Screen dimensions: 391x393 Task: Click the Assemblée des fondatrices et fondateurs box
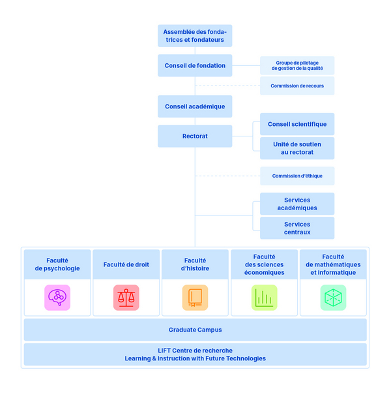tap(195, 36)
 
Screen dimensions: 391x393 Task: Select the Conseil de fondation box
tap(195, 65)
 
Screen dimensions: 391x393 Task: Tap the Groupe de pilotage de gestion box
tap(297, 65)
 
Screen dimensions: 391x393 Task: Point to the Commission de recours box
tap(297, 86)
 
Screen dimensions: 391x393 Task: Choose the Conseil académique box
tap(195, 106)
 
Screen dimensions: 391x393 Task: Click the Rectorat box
tap(195, 136)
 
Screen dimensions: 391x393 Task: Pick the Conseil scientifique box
tap(297, 124)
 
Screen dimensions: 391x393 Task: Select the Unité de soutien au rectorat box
tap(297, 148)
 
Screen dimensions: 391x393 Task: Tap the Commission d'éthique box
tap(297, 176)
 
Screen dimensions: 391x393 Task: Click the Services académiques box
tap(297, 204)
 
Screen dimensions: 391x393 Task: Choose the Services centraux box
tap(297, 228)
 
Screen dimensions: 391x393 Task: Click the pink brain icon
tap(57, 298)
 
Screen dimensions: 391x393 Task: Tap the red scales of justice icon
tap(126, 298)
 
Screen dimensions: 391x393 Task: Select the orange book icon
tap(195, 298)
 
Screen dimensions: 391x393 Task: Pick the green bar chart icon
tap(264, 298)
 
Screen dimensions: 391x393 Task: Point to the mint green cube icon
tap(333, 298)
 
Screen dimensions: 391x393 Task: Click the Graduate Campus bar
tap(195, 330)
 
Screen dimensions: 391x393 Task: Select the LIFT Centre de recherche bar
tap(195, 354)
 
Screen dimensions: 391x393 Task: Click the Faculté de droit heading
tap(126, 264)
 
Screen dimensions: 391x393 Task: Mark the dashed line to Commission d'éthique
tap(227, 176)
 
